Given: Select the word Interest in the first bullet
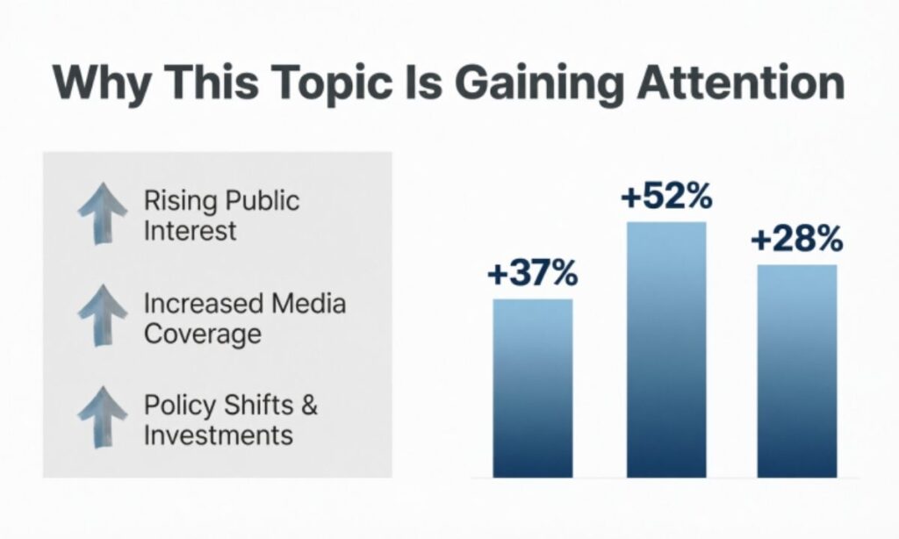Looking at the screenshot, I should coord(191,231).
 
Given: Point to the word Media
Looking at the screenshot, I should coord(308,304).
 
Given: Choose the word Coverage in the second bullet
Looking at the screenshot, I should coord(202,334).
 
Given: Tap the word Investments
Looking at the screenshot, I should coord(218,435).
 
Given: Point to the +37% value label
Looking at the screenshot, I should coord(532,275).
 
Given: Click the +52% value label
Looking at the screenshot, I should coord(665,198).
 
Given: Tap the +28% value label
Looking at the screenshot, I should coord(796,240).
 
